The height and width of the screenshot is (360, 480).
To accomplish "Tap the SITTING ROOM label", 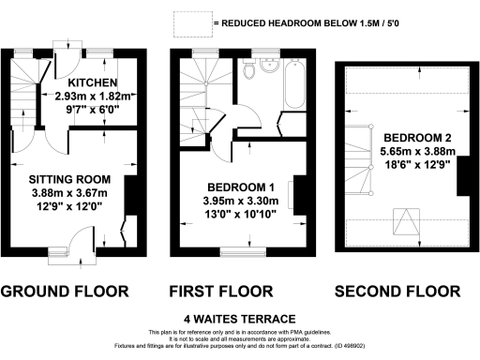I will point(69,179).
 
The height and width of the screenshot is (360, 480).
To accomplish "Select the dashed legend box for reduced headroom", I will point(192,22).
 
